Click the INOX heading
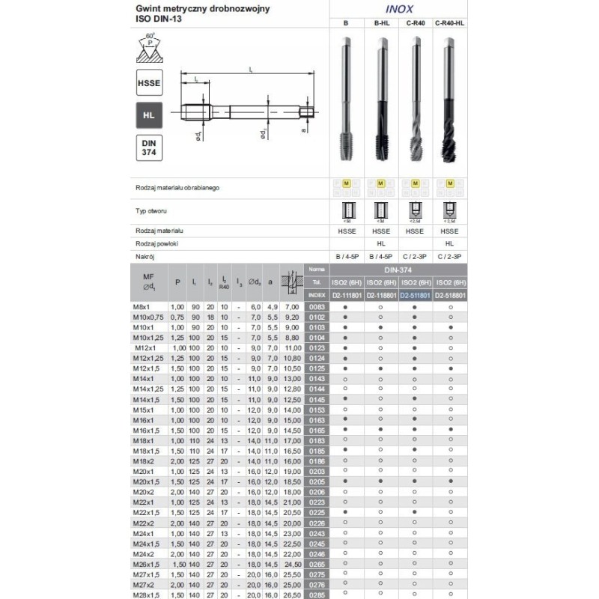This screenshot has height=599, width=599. click(398, 10)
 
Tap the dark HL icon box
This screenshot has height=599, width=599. click(149, 115)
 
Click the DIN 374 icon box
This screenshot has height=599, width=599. click(149, 148)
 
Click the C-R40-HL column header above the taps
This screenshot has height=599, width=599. click(450, 24)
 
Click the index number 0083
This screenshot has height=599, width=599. click(318, 307)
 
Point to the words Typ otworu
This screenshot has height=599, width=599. click(152, 211)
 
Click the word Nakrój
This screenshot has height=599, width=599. click(145, 256)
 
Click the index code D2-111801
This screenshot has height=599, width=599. click(345, 295)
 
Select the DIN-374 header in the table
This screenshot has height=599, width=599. click(398, 268)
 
